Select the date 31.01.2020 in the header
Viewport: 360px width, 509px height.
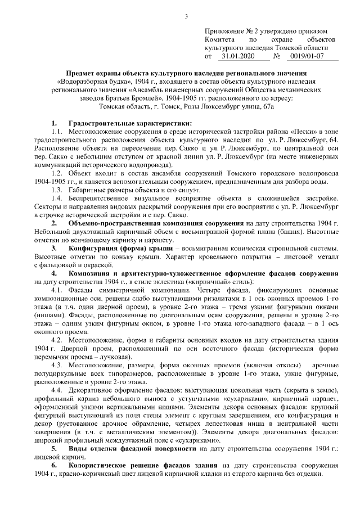click(238, 56)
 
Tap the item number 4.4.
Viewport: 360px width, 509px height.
click(56, 390)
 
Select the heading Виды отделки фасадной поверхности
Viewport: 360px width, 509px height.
click(132, 448)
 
